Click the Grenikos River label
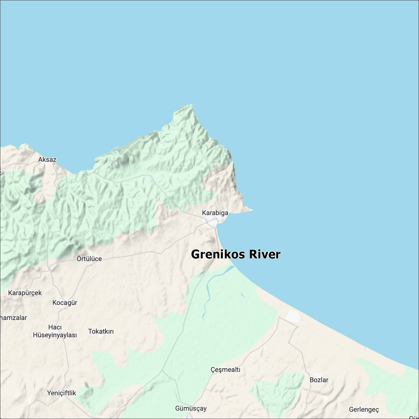235,254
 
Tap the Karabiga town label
215,213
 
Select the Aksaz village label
47,159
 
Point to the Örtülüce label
89,259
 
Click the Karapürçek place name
25,293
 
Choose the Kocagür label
65,303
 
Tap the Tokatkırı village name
101,332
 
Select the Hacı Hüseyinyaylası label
55,331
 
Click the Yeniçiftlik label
61,393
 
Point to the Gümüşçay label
191,408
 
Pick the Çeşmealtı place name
225,370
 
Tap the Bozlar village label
319,380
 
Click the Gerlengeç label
364,410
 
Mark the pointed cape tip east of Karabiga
253,209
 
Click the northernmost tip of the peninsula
192,105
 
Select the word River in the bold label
265,254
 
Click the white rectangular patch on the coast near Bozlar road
293,316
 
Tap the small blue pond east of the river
243,295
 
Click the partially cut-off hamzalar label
13,318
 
